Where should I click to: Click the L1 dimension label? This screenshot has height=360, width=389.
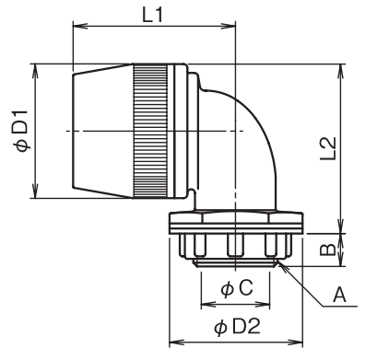coord(153,16)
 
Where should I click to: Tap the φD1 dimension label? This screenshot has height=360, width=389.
coord(22,131)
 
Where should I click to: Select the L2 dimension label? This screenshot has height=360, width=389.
coord(328,149)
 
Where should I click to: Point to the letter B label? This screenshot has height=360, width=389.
coord(327,250)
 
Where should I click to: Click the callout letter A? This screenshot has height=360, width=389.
coord(339,295)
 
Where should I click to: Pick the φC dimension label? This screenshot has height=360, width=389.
coord(237,288)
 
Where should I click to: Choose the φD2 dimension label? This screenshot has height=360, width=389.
coord(237,326)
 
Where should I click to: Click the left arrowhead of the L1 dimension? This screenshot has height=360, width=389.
coord(80,26)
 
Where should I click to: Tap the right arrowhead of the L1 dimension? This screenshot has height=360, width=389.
coord(228,26)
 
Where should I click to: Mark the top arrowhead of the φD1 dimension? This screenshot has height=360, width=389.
coord(35,72)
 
